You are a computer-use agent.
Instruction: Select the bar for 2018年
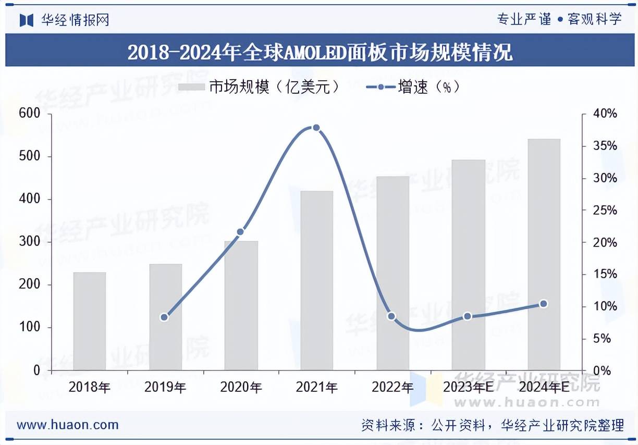pyautogui.click(x=89, y=321)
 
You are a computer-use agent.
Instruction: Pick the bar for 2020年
pyautogui.click(x=241, y=305)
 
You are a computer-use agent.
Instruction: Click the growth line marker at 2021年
pyautogui.click(x=316, y=128)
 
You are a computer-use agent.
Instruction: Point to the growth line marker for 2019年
pyautogui.click(x=164, y=317)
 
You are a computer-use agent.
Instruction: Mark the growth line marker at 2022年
pyautogui.click(x=392, y=316)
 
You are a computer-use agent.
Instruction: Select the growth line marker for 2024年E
pyautogui.click(x=544, y=304)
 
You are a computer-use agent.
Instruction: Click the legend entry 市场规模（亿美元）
pyautogui.click(x=261, y=87)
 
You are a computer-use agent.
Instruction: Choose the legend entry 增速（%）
pyautogui.click(x=415, y=87)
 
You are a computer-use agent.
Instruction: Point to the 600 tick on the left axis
pyautogui.click(x=29, y=114)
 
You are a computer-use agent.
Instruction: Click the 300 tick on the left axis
pyautogui.click(x=29, y=242)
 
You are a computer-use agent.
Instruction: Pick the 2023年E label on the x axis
pyautogui.click(x=468, y=387)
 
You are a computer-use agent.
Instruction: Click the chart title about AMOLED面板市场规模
pyautogui.click(x=320, y=52)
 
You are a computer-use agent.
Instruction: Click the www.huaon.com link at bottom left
pyautogui.click(x=68, y=425)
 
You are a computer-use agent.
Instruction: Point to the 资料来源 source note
pyautogui.click(x=492, y=425)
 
